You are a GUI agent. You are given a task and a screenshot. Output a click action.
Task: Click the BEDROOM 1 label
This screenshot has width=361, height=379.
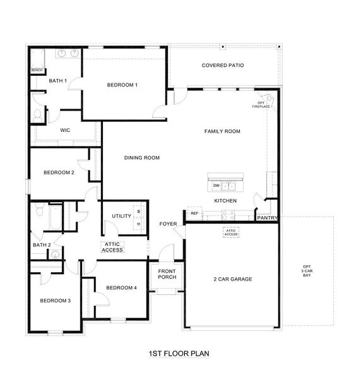click(x=122, y=85)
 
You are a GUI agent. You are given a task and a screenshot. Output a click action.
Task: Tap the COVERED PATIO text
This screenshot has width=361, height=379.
click(x=222, y=65)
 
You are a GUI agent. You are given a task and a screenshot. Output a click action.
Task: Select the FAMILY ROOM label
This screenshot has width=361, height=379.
click(x=222, y=131)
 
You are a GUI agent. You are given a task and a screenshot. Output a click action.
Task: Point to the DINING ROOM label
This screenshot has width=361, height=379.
click(x=141, y=158)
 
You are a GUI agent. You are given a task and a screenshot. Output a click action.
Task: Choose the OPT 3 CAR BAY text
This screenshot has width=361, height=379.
click(x=307, y=271)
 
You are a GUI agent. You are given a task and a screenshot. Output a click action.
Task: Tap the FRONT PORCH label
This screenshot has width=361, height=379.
click(x=167, y=275)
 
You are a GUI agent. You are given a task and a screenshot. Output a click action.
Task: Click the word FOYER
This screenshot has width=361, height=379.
click(x=168, y=224)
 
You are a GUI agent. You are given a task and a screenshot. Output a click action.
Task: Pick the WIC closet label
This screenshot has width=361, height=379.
click(x=64, y=130)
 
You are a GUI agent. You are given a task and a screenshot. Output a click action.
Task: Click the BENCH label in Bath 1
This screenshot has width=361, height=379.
click(x=37, y=69)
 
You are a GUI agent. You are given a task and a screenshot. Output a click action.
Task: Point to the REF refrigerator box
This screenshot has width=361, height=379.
click(x=194, y=214)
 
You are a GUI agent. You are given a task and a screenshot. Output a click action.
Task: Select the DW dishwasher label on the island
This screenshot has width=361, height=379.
click(x=216, y=186)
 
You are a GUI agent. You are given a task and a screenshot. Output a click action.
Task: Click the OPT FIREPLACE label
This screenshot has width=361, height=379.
click(x=261, y=105)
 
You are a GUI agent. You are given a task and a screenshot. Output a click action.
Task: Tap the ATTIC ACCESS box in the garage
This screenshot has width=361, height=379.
click(x=230, y=232)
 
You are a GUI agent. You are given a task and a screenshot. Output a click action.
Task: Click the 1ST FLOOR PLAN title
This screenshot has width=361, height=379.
click(x=178, y=354)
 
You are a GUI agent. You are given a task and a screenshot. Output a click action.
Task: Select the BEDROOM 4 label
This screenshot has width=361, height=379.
click(x=121, y=288)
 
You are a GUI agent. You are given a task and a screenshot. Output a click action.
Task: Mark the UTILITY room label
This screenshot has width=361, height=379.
click(x=121, y=216)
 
